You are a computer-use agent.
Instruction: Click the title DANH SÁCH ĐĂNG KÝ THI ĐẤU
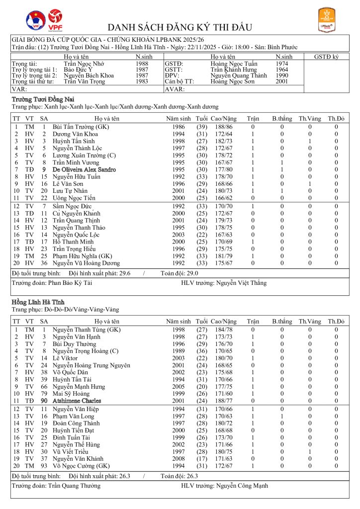pyautogui.click(x=180, y=27)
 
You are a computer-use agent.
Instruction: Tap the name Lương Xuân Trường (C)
pyautogui.click(x=81, y=156)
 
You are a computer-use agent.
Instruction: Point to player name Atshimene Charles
pyautogui.click(x=77, y=401)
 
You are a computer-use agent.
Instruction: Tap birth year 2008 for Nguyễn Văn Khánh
pyautogui.click(x=179, y=458)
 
